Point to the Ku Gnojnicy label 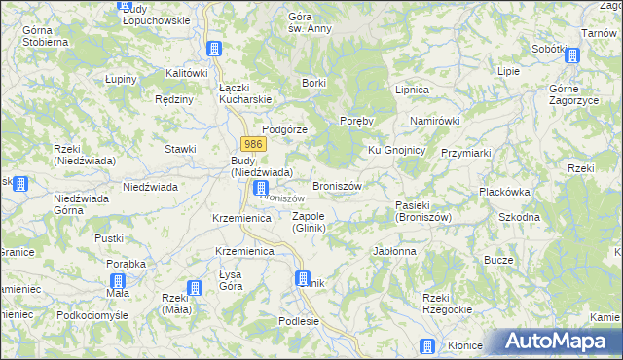pyautogui.click(x=395, y=150)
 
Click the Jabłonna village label pyautogui.click(x=394, y=251)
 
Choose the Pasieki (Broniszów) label pyautogui.click(x=423, y=211)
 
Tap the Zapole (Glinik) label pyautogui.click(x=309, y=222)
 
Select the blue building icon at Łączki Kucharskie pyautogui.click(x=215, y=50)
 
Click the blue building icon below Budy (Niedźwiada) pyautogui.click(x=260, y=188)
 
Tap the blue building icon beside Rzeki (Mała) pyautogui.click(x=195, y=288)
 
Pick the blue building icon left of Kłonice pyautogui.click(x=426, y=346)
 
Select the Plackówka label pyautogui.click(x=503, y=192)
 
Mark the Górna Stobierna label pyautogui.click(x=45, y=37)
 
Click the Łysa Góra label pyautogui.click(x=231, y=280)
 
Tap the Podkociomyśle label pyautogui.click(x=92, y=315)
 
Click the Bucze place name pyautogui.click(x=498, y=260)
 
